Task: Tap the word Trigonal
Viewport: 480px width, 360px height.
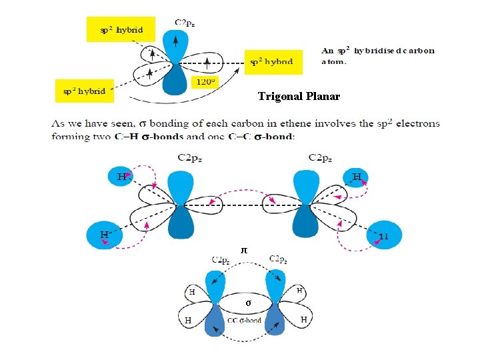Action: (x=279, y=97)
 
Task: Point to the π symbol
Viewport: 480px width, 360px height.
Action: (x=244, y=249)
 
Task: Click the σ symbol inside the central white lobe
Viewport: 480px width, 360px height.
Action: (x=248, y=303)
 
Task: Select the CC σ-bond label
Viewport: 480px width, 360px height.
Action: (x=243, y=321)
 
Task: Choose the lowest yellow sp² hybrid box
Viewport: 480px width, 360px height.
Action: (x=84, y=91)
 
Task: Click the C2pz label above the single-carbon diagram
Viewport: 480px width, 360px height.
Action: (x=185, y=23)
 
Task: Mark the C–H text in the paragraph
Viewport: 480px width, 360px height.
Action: (x=214, y=137)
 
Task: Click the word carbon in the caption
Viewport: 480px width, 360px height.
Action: (x=419, y=50)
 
